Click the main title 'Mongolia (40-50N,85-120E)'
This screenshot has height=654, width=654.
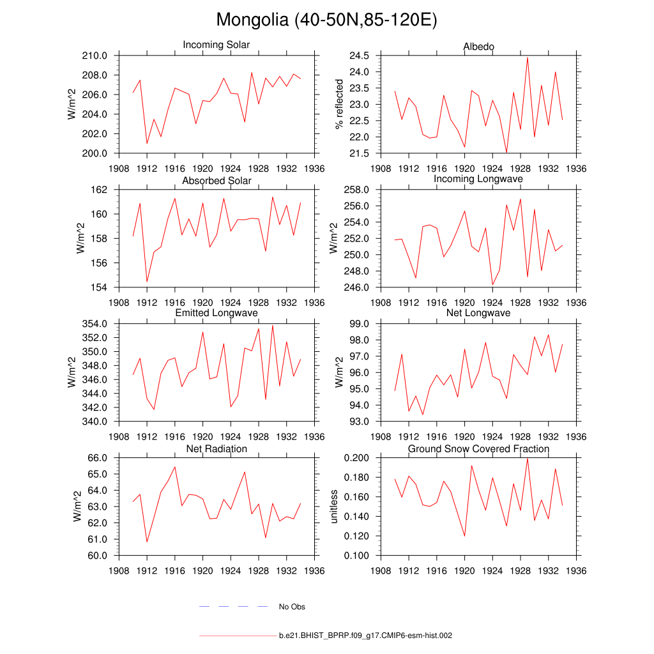point(326,20)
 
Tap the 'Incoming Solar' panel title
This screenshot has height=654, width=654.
point(217,45)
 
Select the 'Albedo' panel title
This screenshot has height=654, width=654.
point(478,47)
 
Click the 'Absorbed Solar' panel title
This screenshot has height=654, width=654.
point(217,181)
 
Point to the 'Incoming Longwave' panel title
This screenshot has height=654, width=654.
point(478,179)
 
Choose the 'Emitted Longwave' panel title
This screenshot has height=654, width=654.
point(217,313)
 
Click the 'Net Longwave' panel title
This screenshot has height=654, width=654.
point(478,313)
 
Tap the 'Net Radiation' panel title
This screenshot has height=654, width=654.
point(217,449)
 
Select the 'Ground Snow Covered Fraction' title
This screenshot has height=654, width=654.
point(478,449)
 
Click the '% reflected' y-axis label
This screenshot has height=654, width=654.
point(339,104)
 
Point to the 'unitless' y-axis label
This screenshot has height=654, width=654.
point(333,506)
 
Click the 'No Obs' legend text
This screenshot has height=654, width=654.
point(292,607)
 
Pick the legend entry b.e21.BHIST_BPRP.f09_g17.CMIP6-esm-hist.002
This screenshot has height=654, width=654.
point(365,636)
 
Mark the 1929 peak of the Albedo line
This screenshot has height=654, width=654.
point(528,57)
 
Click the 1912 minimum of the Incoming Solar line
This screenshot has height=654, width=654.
point(147,143)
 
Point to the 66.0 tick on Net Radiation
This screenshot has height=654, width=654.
point(96,458)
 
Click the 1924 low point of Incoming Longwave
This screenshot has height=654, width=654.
point(492,284)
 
